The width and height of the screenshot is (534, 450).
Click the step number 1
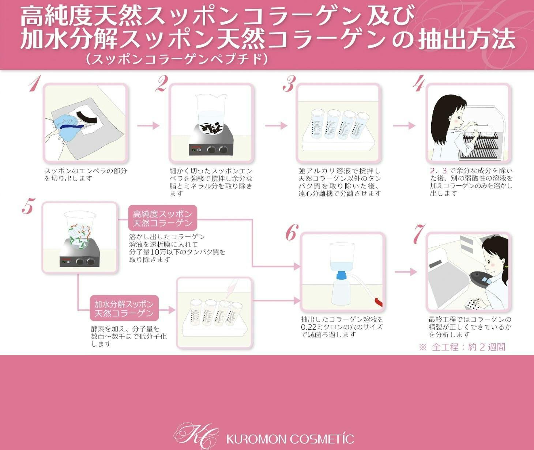pyautogui.click(x=34, y=84)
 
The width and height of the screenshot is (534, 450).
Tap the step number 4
pyautogui.click(x=419, y=83)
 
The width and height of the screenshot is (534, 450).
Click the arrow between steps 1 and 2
pyautogui.click(x=148, y=125)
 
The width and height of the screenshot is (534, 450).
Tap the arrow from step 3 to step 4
pyautogui.click(x=404, y=125)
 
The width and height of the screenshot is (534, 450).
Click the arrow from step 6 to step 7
pyautogui.click(x=406, y=272)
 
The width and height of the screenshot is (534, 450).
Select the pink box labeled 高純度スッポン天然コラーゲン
pyautogui.click(x=163, y=218)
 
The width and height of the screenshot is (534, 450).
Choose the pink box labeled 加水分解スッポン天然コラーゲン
pyautogui.click(x=124, y=309)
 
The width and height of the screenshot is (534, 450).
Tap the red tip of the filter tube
pyautogui.click(x=379, y=302)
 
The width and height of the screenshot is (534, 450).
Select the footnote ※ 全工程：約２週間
pyautogui.click(x=462, y=347)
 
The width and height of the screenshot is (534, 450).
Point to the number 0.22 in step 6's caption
pyautogui.click(x=308, y=327)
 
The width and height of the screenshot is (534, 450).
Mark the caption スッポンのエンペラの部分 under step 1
pyautogui.click(x=86, y=171)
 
